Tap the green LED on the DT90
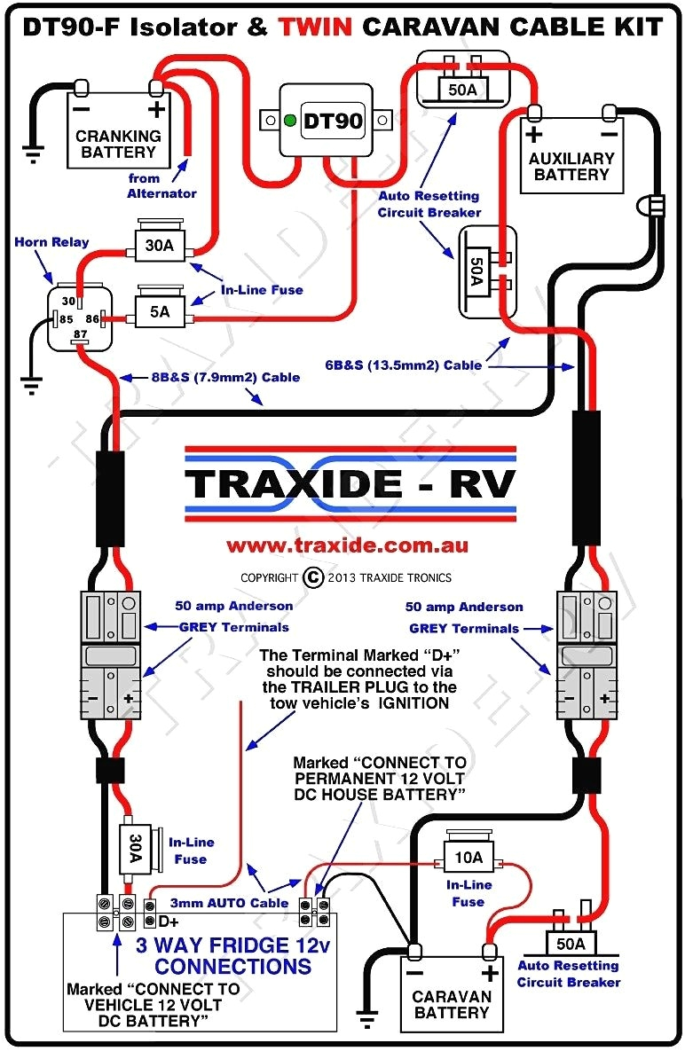tap(289, 120)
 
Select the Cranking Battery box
tap(119, 134)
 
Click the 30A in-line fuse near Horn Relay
tap(159, 246)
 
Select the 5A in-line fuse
tap(159, 311)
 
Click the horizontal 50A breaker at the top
tap(463, 90)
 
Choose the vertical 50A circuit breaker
tap(476, 271)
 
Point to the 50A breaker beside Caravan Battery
tap(570, 943)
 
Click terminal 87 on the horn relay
tap(78, 333)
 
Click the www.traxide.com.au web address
tap(347, 545)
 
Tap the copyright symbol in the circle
tap(313, 577)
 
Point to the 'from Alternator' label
tap(161, 185)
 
